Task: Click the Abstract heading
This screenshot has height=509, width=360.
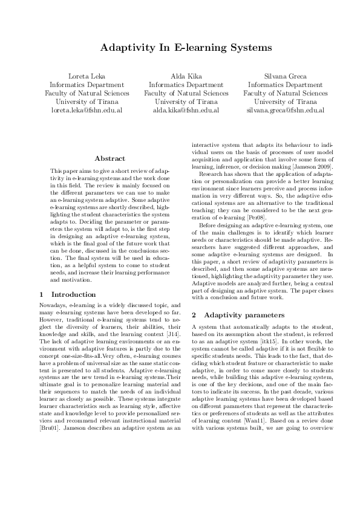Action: [x=110, y=158]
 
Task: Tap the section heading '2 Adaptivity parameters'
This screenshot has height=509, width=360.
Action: [x=235, y=315]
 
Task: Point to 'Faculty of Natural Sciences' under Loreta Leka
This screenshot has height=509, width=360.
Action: [x=87, y=94]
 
